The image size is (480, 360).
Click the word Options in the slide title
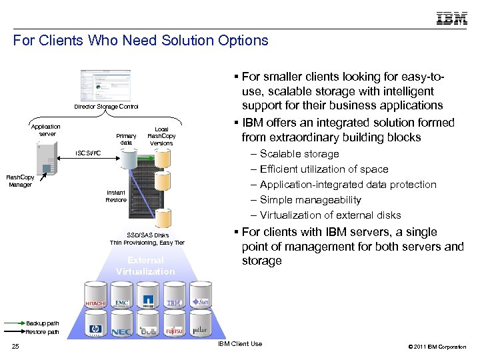click(241, 41)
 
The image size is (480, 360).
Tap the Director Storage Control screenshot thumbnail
click(101, 85)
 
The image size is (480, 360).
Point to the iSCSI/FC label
click(88, 153)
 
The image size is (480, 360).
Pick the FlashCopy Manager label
click(21, 181)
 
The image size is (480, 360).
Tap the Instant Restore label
click(116, 196)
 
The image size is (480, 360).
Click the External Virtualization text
click(145, 267)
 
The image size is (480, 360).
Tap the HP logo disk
click(95, 328)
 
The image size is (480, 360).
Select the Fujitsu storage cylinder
click(175, 327)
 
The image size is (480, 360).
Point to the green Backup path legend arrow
click(15, 323)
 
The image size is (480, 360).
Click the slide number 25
click(16, 346)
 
